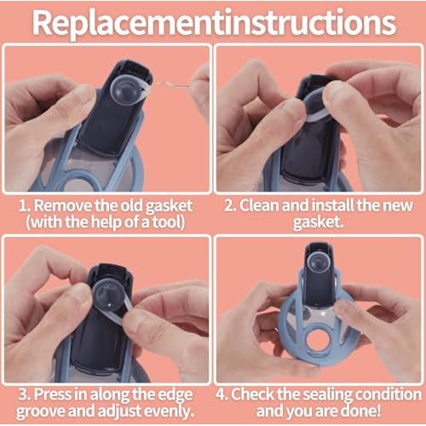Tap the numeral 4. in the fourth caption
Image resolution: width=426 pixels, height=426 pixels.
coord(224,394)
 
